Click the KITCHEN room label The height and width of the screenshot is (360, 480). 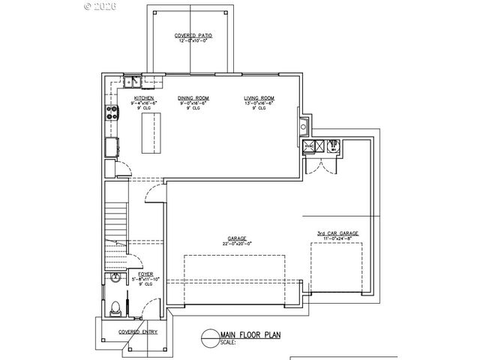tap(143, 98)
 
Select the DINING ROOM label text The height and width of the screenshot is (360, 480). tap(193, 98)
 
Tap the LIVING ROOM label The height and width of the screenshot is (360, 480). tap(259, 98)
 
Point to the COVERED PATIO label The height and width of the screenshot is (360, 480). tap(191, 35)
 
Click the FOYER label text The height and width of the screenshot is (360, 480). tap(135, 274)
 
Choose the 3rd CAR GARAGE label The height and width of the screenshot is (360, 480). tap(337, 233)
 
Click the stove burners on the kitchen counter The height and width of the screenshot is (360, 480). tap(113, 113)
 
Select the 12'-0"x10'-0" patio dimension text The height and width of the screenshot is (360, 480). tap(191, 40)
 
